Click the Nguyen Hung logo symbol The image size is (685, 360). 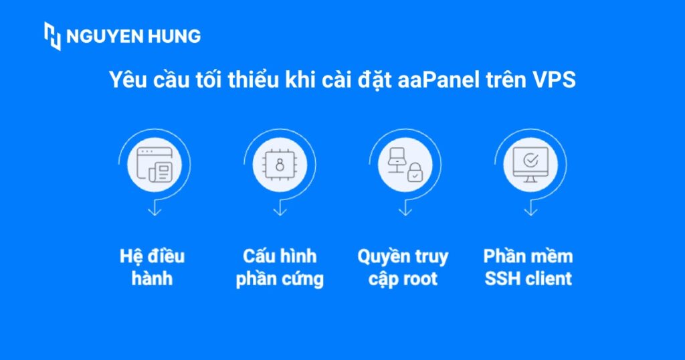[53, 36]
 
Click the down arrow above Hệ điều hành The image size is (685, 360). [155, 210]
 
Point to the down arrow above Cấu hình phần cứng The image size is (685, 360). [280, 210]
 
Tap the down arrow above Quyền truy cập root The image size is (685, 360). [404, 210]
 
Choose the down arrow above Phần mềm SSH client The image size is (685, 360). [530, 210]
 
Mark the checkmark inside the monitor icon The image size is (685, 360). [530, 161]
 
